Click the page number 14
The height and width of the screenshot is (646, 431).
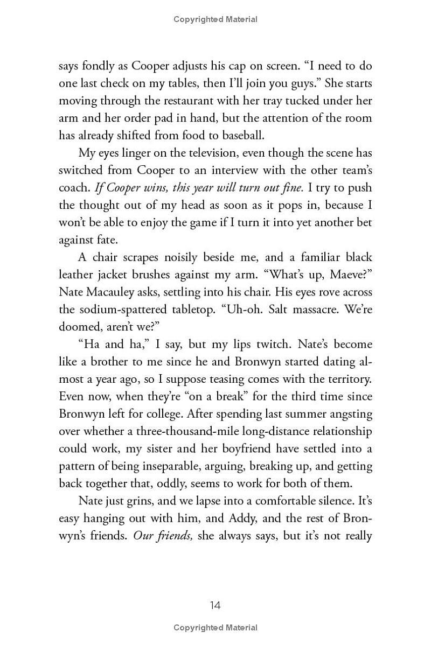[x=215, y=605]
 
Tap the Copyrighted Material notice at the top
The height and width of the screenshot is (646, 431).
[x=215, y=19]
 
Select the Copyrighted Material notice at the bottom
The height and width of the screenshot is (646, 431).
[x=215, y=628]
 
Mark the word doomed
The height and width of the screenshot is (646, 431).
[x=79, y=327]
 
